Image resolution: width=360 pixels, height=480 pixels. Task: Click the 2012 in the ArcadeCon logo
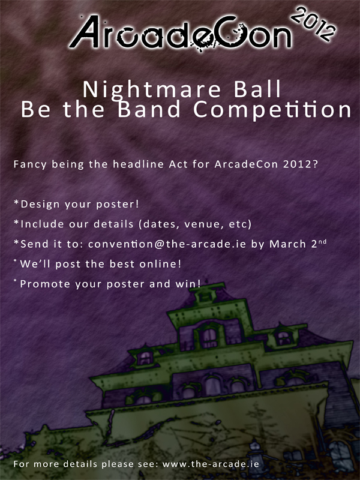point(313,23)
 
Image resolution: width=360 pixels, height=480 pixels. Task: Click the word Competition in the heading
point(272,110)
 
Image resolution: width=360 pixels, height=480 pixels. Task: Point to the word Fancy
point(30,164)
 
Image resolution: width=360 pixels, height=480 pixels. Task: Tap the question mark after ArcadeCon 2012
point(315,164)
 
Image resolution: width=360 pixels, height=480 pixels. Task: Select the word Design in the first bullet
point(40,205)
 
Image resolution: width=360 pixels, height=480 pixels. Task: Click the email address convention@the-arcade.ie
point(167,244)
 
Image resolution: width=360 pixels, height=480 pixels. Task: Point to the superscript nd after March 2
point(322,242)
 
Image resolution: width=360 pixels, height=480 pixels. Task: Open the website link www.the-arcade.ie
point(211,464)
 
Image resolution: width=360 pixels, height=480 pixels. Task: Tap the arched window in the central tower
point(209,337)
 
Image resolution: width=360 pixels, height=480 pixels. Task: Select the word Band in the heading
point(149,109)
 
